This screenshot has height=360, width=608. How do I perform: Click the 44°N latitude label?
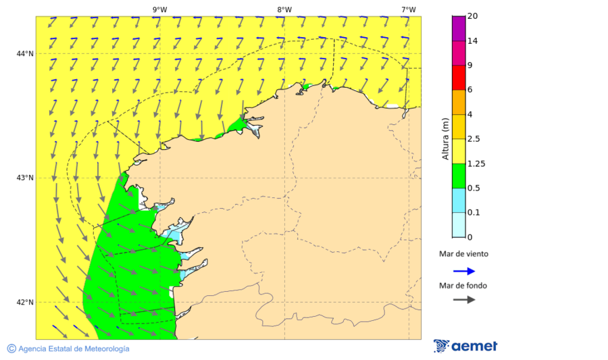[x=26, y=54]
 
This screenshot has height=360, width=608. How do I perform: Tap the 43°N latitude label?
[x=26, y=178]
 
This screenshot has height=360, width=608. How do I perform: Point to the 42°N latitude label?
[x=26, y=302]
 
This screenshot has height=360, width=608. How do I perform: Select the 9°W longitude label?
[x=160, y=9]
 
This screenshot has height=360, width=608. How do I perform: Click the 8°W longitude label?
[x=284, y=9]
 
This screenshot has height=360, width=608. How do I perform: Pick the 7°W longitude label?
[x=408, y=9]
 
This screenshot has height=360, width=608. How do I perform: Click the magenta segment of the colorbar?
[x=459, y=28]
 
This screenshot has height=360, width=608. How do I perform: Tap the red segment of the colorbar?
[x=459, y=78]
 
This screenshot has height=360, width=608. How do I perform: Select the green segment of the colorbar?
[x=459, y=176]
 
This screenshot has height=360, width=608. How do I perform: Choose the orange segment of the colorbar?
[x=459, y=102]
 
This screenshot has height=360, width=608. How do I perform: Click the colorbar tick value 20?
[x=473, y=16]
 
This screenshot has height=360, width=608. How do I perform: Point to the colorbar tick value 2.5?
[x=475, y=139]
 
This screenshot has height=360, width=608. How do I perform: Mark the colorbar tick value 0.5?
[x=475, y=188]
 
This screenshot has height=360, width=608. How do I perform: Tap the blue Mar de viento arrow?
[x=464, y=271]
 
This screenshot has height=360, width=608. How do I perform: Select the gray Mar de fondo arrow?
[x=464, y=300]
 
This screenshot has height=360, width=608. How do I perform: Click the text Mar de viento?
[x=463, y=255]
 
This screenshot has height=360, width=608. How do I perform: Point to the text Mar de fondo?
[x=463, y=286]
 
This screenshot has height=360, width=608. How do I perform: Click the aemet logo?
[x=465, y=346]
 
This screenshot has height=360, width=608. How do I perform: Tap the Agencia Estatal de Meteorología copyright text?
[x=68, y=349]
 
